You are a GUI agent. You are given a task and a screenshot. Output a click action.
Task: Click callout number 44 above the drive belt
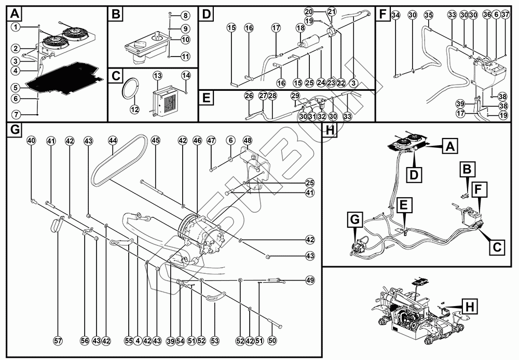(113, 141)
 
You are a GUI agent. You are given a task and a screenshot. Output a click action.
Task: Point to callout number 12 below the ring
(134, 109)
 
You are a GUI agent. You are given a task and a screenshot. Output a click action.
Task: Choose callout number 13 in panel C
(158, 76)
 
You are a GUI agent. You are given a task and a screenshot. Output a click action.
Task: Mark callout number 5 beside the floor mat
(16, 88)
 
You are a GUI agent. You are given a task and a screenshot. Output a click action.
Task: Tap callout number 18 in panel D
(299, 27)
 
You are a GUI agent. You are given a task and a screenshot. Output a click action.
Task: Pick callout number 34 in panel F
(396, 15)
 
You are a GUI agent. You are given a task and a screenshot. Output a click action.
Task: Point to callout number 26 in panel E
(249, 96)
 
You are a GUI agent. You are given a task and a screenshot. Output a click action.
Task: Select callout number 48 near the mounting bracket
(247, 141)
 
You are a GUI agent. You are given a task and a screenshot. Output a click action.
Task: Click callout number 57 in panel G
(58, 341)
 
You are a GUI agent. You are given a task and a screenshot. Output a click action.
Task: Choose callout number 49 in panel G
(310, 280)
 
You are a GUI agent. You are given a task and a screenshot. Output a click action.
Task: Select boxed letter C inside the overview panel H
(497, 247)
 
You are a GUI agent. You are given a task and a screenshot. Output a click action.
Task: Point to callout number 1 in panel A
(16, 26)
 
